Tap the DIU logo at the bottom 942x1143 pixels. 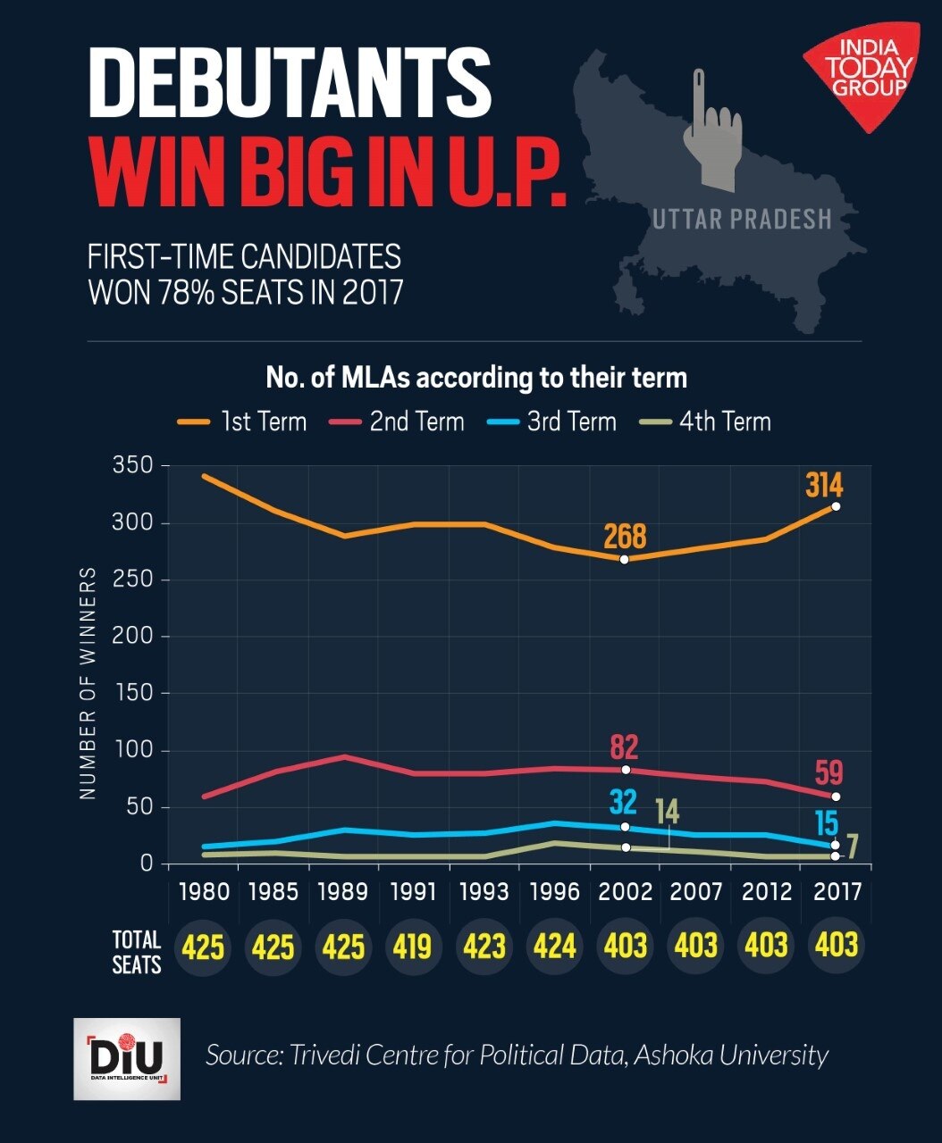127,1059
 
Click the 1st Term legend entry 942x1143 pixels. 243,421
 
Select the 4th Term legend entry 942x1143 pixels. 705,421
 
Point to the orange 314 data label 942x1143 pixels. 824,485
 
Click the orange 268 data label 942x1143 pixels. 625,537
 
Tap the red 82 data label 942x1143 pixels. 624,747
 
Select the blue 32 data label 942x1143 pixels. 623,802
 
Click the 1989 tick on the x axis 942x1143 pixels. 343,891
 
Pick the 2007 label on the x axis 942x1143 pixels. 696,891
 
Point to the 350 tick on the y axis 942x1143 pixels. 132,465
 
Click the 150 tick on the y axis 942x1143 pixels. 132,693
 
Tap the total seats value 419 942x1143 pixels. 413,946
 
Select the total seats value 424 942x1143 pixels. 554,946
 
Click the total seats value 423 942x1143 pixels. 484,946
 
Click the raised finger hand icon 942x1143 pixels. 711,134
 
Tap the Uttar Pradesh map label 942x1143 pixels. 742,219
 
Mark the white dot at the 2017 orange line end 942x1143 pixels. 836,506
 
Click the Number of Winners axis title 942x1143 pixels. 88,683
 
